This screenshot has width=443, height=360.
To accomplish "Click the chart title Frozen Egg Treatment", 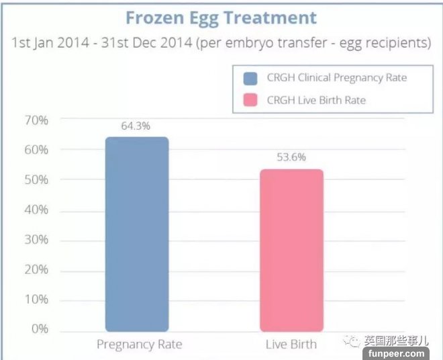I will click(x=221, y=17).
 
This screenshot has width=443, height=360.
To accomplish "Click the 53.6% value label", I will click(x=291, y=158).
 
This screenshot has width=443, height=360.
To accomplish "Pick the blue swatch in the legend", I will click(x=250, y=78).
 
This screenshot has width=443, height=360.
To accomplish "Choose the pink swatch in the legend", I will click(x=250, y=101).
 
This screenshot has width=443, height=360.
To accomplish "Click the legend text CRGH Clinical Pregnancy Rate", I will click(x=337, y=78).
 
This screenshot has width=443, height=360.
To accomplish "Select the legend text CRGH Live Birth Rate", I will click(x=316, y=101).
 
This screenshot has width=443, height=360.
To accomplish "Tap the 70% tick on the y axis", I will click(x=36, y=120).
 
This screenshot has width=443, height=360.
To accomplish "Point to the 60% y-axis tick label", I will click(x=36, y=150).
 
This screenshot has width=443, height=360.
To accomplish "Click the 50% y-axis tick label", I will click(x=36, y=180).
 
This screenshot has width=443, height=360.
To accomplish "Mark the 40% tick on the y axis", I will click(x=36, y=210).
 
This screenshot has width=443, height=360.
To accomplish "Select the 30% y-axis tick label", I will click(x=36, y=240).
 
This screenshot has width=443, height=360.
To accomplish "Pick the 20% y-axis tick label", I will click(x=36, y=269).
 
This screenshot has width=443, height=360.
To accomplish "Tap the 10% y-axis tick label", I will click(x=36, y=300).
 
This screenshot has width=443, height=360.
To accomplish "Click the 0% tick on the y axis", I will click(x=40, y=329).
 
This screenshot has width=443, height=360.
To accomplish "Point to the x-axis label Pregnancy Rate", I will click(x=139, y=345).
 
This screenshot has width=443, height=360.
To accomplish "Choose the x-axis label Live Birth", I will click(x=291, y=345).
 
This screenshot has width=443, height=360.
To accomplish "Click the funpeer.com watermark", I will click(x=395, y=353).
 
